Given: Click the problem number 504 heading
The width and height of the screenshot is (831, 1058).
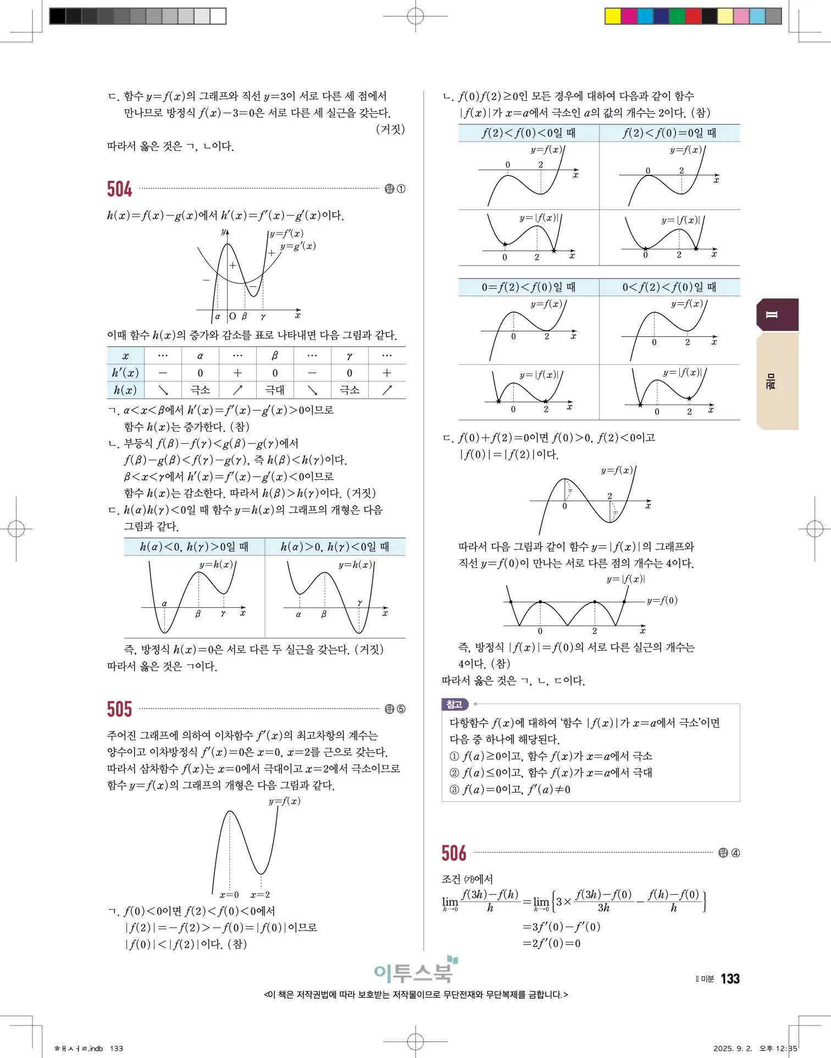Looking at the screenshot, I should pos(119,189).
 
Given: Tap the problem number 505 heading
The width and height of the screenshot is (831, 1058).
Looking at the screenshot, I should pos(119,709).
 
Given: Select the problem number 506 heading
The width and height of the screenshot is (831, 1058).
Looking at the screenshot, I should pos(454,853).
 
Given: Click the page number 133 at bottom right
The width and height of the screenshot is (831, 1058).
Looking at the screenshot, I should pos(730,978).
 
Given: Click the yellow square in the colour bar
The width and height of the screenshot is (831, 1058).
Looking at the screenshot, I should pos(612,16).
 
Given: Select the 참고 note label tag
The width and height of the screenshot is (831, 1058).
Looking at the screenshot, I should pos(455,704).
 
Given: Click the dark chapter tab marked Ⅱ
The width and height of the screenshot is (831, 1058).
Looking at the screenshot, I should pos(777,314).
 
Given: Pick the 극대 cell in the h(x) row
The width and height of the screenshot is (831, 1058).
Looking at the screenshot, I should pos(275,390).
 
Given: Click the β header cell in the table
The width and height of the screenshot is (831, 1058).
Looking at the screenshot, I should pos(275,356).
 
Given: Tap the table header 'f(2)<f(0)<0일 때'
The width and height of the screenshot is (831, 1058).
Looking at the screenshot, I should pos(528,133).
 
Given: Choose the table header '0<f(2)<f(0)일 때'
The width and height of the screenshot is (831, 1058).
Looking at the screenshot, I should pos(669,287).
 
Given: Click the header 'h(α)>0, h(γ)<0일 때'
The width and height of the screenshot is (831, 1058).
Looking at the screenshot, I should pos(335,546).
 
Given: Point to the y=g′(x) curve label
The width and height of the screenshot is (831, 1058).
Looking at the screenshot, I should pos(298,246).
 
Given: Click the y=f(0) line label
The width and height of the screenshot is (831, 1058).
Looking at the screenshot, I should pos(662,600).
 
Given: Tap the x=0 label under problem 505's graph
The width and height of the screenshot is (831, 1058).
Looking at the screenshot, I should pos(229,895).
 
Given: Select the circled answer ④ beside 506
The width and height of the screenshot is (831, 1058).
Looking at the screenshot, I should pos(735,853).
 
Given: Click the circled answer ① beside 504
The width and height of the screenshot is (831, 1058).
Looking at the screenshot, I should pos(401,189).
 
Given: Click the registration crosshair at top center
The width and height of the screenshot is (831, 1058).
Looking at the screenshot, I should pos(416,16).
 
